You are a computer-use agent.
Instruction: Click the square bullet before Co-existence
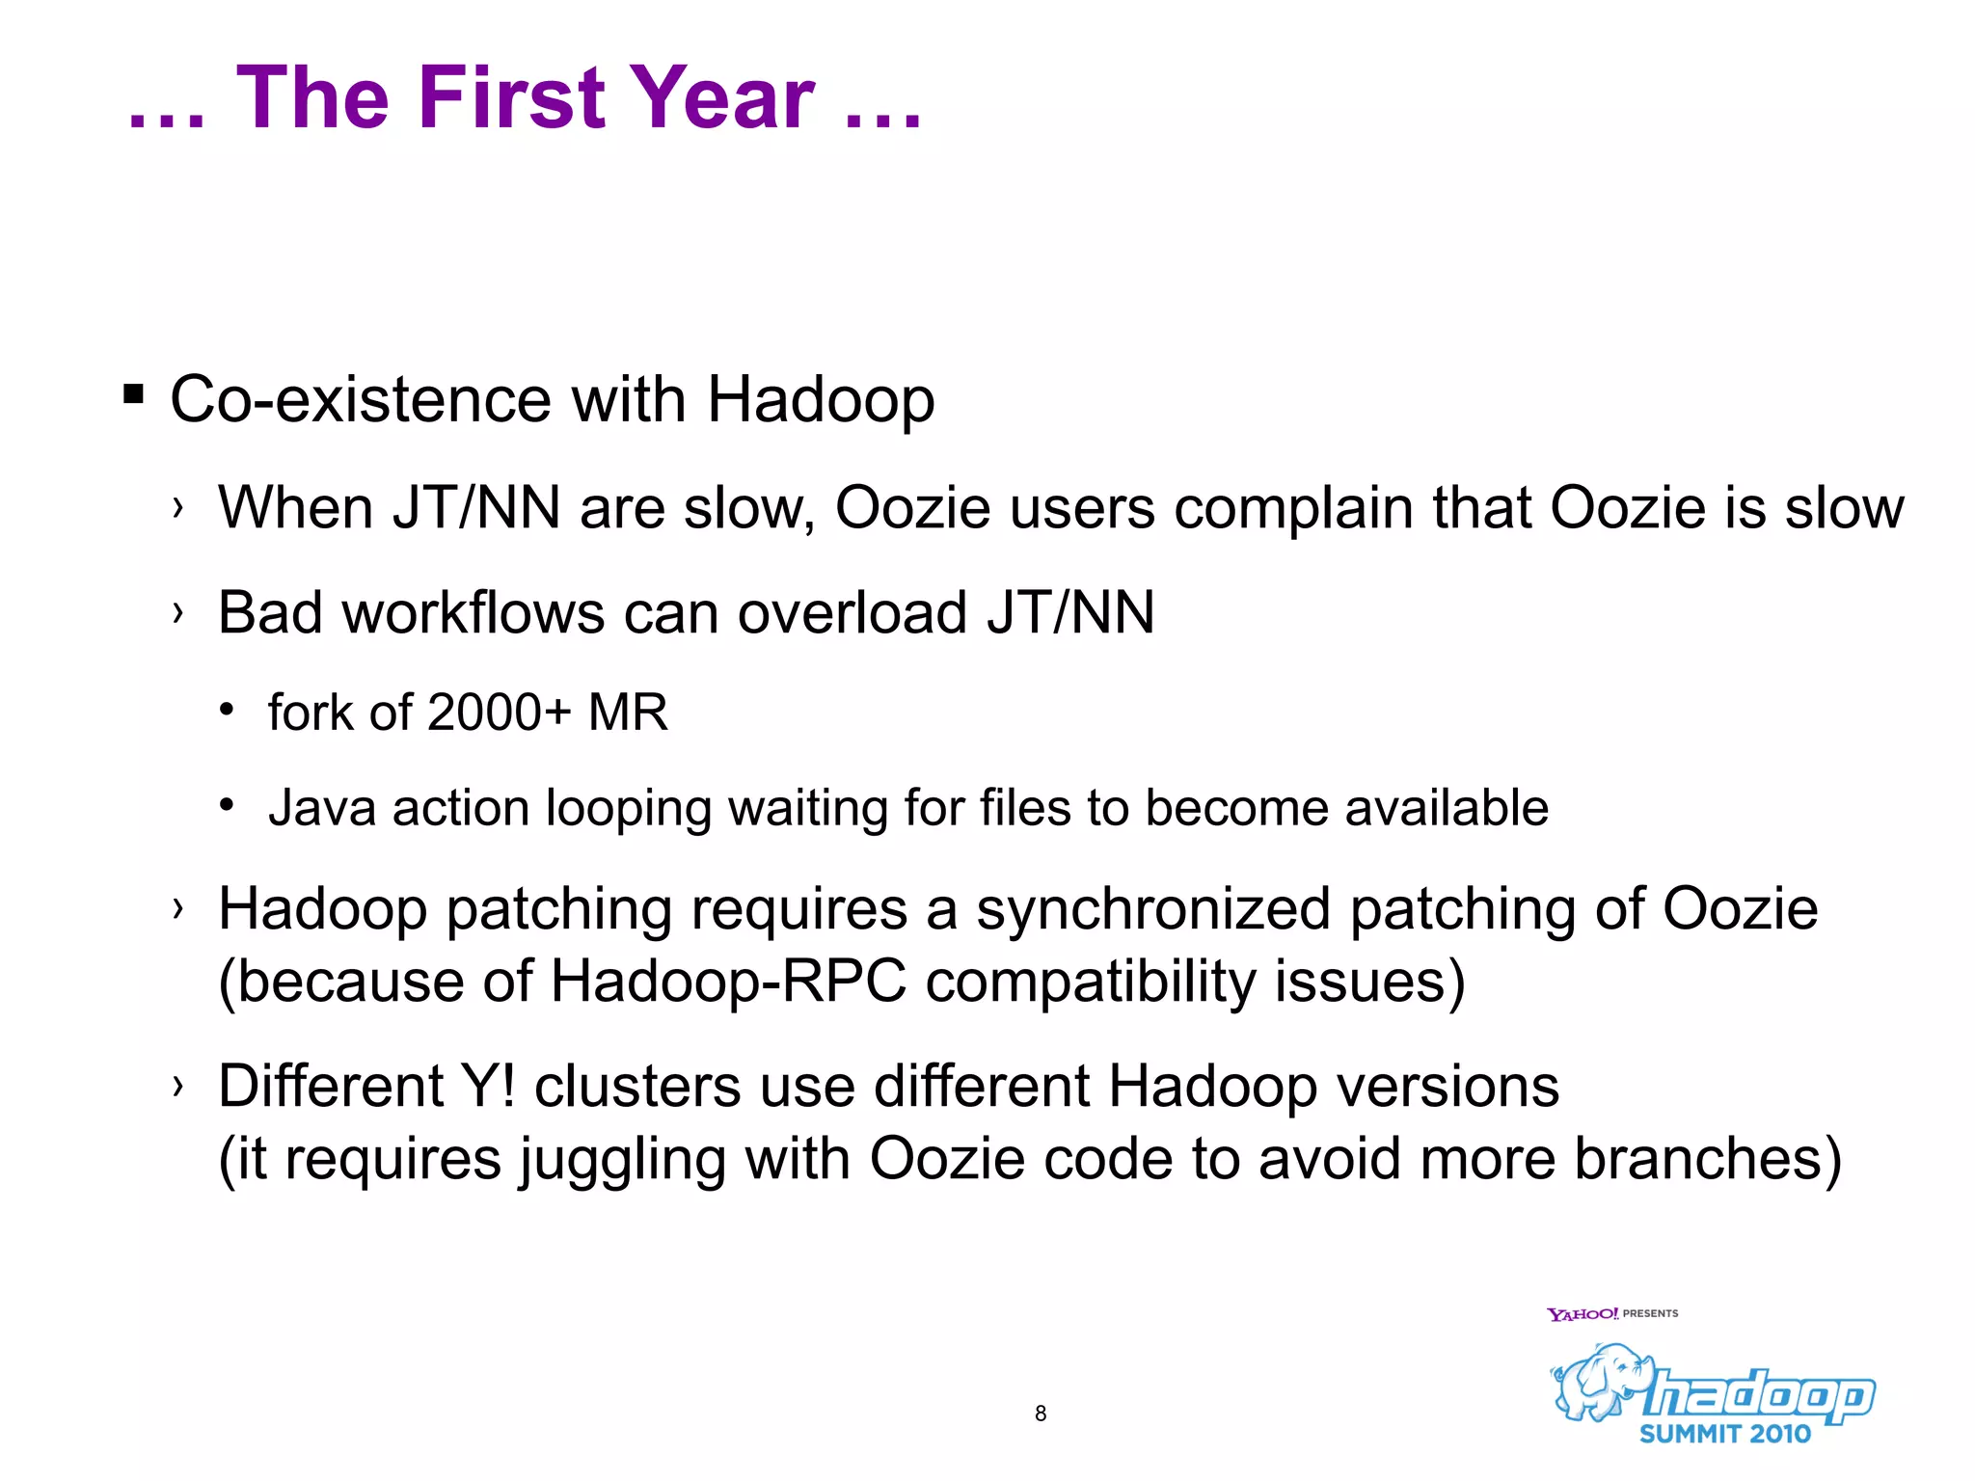[x=134, y=394]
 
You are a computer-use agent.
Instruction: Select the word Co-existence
[x=360, y=399]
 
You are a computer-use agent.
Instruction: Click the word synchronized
[x=1152, y=909]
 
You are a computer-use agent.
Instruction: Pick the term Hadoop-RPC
[x=728, y=982]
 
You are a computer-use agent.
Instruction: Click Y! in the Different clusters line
[x=489, y=1087]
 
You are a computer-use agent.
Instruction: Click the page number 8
[x=1041, y=1414]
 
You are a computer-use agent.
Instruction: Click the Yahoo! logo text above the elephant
[x=1583, y=1314]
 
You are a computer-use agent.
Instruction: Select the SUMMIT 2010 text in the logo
[x=1725, y=1434]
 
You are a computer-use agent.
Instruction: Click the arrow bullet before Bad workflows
[x=177, y=612]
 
